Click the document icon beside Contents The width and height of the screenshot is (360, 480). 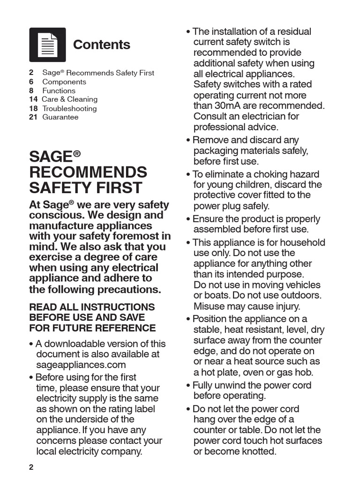tap(47, 45)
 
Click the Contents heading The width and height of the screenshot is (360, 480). tap(102, 45)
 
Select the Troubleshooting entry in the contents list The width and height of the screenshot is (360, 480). tap(69, 108)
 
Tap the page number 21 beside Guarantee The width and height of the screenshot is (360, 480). tap(33, 117)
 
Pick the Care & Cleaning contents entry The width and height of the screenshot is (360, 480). tap(69, 99)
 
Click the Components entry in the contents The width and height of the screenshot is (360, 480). tap(64, 82)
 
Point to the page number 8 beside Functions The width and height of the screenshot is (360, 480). tap(31, 90)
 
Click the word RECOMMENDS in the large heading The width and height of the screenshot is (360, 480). tap(88, 172)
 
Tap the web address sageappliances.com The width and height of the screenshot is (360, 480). tap(81, 365)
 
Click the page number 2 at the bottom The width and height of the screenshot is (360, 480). tap(31, 467)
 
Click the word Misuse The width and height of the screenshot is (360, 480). tap(210, 307)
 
